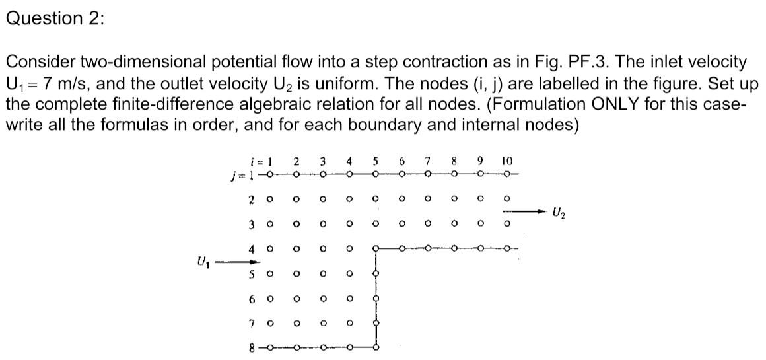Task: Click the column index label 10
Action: (x=506, y=161)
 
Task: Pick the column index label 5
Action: (x=375, y=161)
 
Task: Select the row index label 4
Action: (x=252, y=250)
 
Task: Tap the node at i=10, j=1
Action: (x=506, y=175)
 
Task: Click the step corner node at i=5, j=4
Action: (x=376, y=250)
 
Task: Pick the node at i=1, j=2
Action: (x=269, y=198)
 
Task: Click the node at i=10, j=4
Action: (x=506, y=250)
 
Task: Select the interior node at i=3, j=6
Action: (x=322, y=298)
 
